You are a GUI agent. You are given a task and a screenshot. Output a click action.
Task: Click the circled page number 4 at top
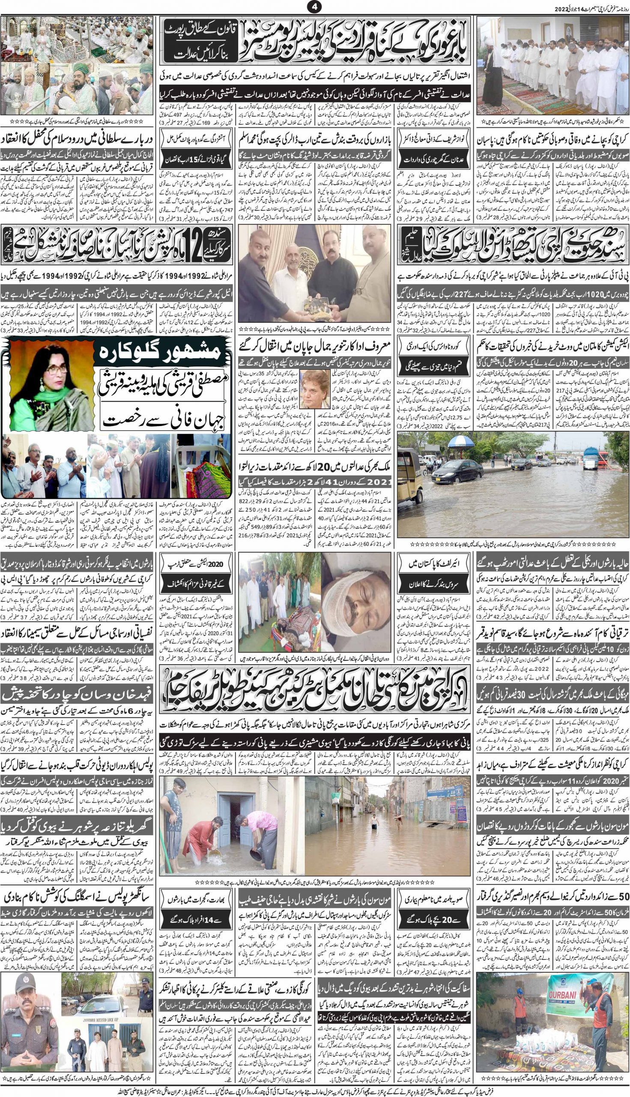pos(314,7)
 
